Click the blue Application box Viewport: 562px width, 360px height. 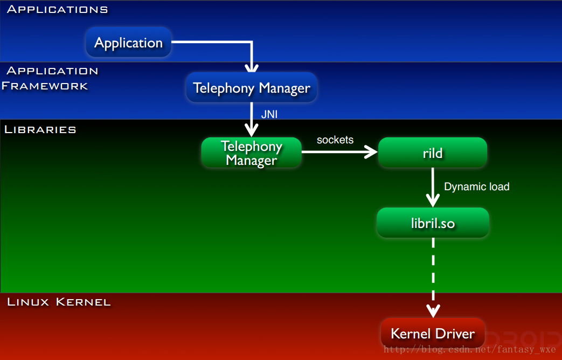point(129,43)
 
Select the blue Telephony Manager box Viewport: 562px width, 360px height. point(252,87)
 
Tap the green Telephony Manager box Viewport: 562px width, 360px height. point(251,153)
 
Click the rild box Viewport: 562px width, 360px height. point(433,153)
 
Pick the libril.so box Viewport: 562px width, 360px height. point(433,223)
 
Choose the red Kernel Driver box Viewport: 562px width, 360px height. point(433,334)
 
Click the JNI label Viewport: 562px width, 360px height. point(269,114)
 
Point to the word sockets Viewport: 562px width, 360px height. point(335,140)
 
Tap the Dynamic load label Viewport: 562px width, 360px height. point(477,186)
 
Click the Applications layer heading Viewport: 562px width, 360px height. point(57,9)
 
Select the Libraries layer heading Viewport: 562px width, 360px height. point(40,129)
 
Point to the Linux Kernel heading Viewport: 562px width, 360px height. point(59,302)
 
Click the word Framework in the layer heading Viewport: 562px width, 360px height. point(45,86)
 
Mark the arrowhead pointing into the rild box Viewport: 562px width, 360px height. point(371,152)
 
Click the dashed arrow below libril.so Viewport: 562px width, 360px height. point(433,278)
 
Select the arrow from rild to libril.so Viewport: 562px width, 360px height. point(433,188)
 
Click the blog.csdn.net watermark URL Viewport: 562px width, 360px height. point(469,349)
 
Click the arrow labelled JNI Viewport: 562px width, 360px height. point(252,120)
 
